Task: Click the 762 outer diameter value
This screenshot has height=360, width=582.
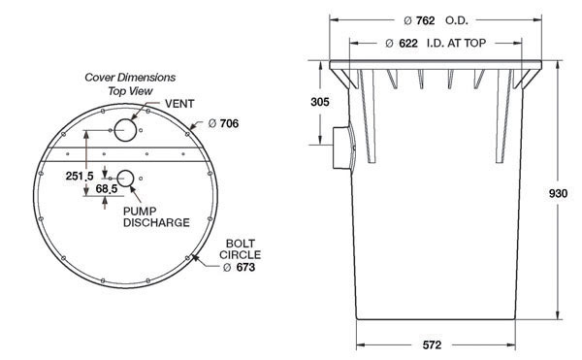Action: coord(425,20)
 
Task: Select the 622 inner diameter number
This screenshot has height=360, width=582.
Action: coord(408,44)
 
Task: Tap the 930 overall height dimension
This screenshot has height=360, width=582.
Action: coord(558,193)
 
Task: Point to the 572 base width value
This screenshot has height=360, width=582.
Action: coord(432,345)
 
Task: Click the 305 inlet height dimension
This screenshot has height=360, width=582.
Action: coord(320,102)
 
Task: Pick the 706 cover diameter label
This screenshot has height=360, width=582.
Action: coord(229,123)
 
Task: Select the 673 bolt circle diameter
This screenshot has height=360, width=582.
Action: coord(245,267)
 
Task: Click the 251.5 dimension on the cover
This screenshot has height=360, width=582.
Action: coord(80,176)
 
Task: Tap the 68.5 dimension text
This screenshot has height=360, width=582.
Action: coord(107,189)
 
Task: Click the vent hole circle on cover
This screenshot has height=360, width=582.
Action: coord(125,130)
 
